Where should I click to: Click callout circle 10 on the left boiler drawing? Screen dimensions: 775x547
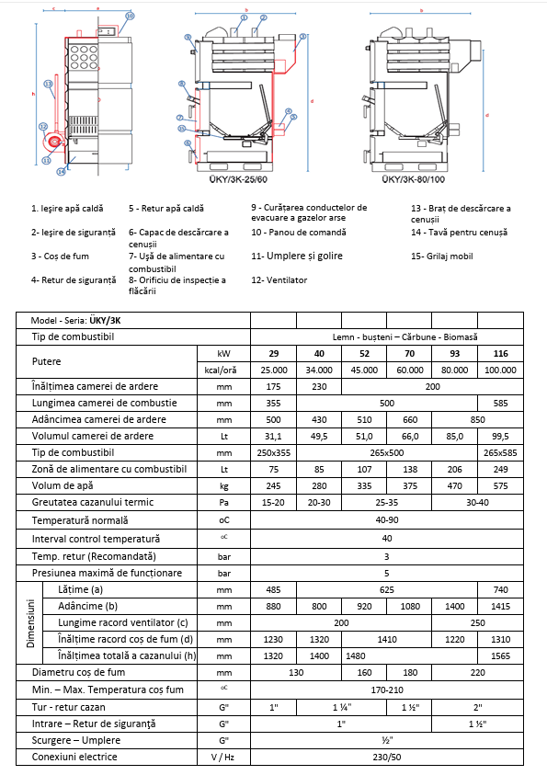[130, 17]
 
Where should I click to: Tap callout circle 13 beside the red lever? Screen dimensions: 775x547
[47, 160]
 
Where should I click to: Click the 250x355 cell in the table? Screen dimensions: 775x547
[273, 452]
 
